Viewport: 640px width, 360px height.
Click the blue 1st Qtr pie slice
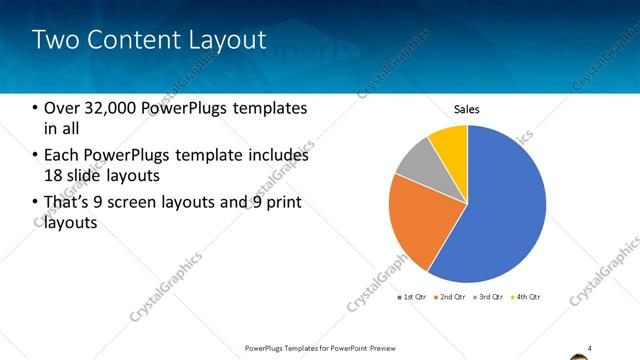pyautogui.click(x=500, y=210)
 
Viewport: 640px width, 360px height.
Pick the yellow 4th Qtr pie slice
pyautogui.click(x=450, y=140)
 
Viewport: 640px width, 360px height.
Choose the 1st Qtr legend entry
pyautogui.click(x=415, y=297)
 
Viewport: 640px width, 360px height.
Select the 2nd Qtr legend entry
pyautogui.click(x=452, y=297)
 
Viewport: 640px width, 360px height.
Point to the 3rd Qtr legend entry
pyautogui.click(x=490, y=297)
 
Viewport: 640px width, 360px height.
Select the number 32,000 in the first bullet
pyautogui.click(x=113, y=107)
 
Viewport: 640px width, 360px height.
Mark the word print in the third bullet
pyautogui.click(x=282, y=203)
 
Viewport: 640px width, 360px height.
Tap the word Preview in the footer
pyautogui.click(x=393, y=348)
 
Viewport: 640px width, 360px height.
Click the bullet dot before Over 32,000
pyautogui.click(x=35, y=108)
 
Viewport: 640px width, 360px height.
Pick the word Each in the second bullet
pyautogui.click(x=61, y=155)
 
